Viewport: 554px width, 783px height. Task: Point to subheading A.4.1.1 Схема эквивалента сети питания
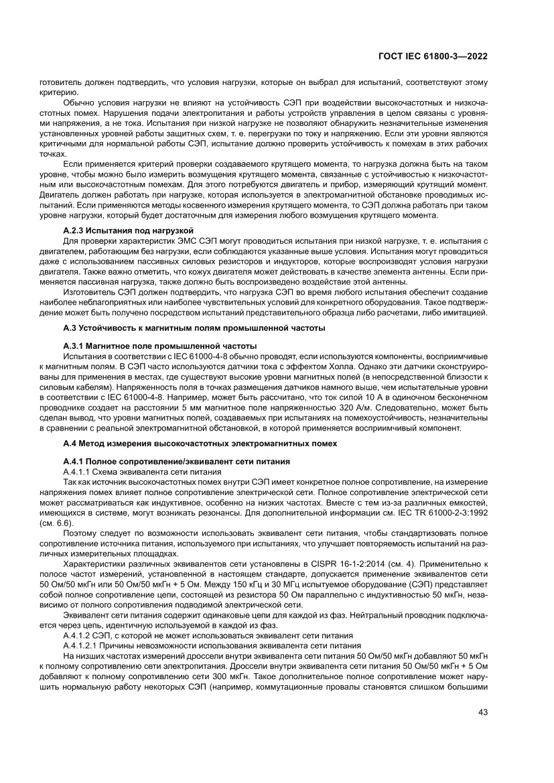point(133,472)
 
